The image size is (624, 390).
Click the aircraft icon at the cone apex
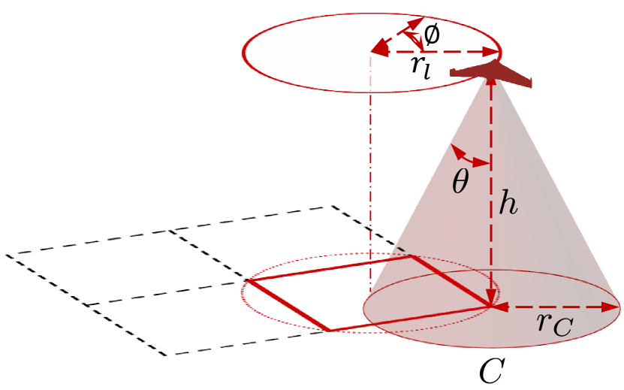coord(491,73)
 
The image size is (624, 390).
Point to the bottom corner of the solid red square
coord(329,331)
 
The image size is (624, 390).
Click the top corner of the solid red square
coord(410,256)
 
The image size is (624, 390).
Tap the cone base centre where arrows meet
coord(491,307)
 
